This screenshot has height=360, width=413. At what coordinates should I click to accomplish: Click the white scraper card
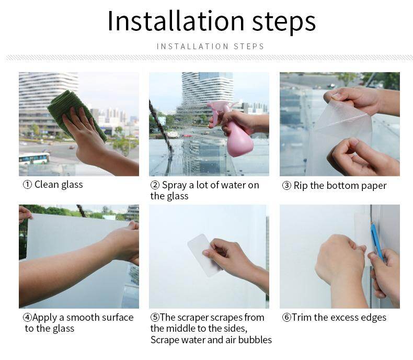coord(204,255)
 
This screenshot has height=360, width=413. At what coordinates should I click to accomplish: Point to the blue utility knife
coord(376,241)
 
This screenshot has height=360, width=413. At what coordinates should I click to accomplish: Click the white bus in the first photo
coord(34,159)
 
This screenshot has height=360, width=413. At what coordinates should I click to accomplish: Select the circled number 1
coord(27,185)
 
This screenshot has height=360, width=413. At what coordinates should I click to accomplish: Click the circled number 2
coord(155,185)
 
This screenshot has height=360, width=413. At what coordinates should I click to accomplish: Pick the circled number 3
coord(286,186)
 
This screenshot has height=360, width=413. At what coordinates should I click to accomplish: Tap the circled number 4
coord(27,317)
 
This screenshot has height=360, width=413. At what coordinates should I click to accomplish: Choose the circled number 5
coord(155,317)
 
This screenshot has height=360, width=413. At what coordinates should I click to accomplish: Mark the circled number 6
coord(286,317)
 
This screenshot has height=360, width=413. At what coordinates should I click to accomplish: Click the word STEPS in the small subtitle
coord(249,47)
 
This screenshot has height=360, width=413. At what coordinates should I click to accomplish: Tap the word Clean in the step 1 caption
coord(47,185)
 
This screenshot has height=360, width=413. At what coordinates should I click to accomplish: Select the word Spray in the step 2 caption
coord(174,185)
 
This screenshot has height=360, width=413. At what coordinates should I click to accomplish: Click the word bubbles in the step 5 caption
coord(255,340)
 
